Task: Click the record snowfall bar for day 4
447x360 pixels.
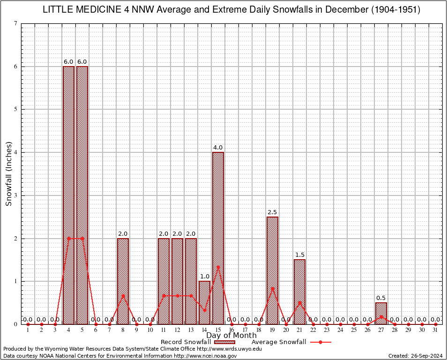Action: tap(68, 195)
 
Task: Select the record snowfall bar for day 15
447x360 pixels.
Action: tap(218, 238)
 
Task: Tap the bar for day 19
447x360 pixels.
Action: tap(272, 270)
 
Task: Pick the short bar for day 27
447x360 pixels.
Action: tap(381, 313)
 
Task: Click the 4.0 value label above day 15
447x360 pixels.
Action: tap(218, 148)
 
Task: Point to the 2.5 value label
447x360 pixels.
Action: tap(272, 212)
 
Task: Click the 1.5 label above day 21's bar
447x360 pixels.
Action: tap(299, 255)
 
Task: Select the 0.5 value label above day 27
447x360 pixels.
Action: tap(381, 298)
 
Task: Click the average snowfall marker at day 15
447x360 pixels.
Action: tap(218, 267)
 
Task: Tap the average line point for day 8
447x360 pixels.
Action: tap(123, 295)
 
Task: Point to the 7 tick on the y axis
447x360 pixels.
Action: tap(15, 24)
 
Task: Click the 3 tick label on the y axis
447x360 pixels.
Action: tap(15, 195)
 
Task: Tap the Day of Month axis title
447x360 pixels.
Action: tap(231, 336)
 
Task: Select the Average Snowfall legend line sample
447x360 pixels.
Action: tap(320, 342)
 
